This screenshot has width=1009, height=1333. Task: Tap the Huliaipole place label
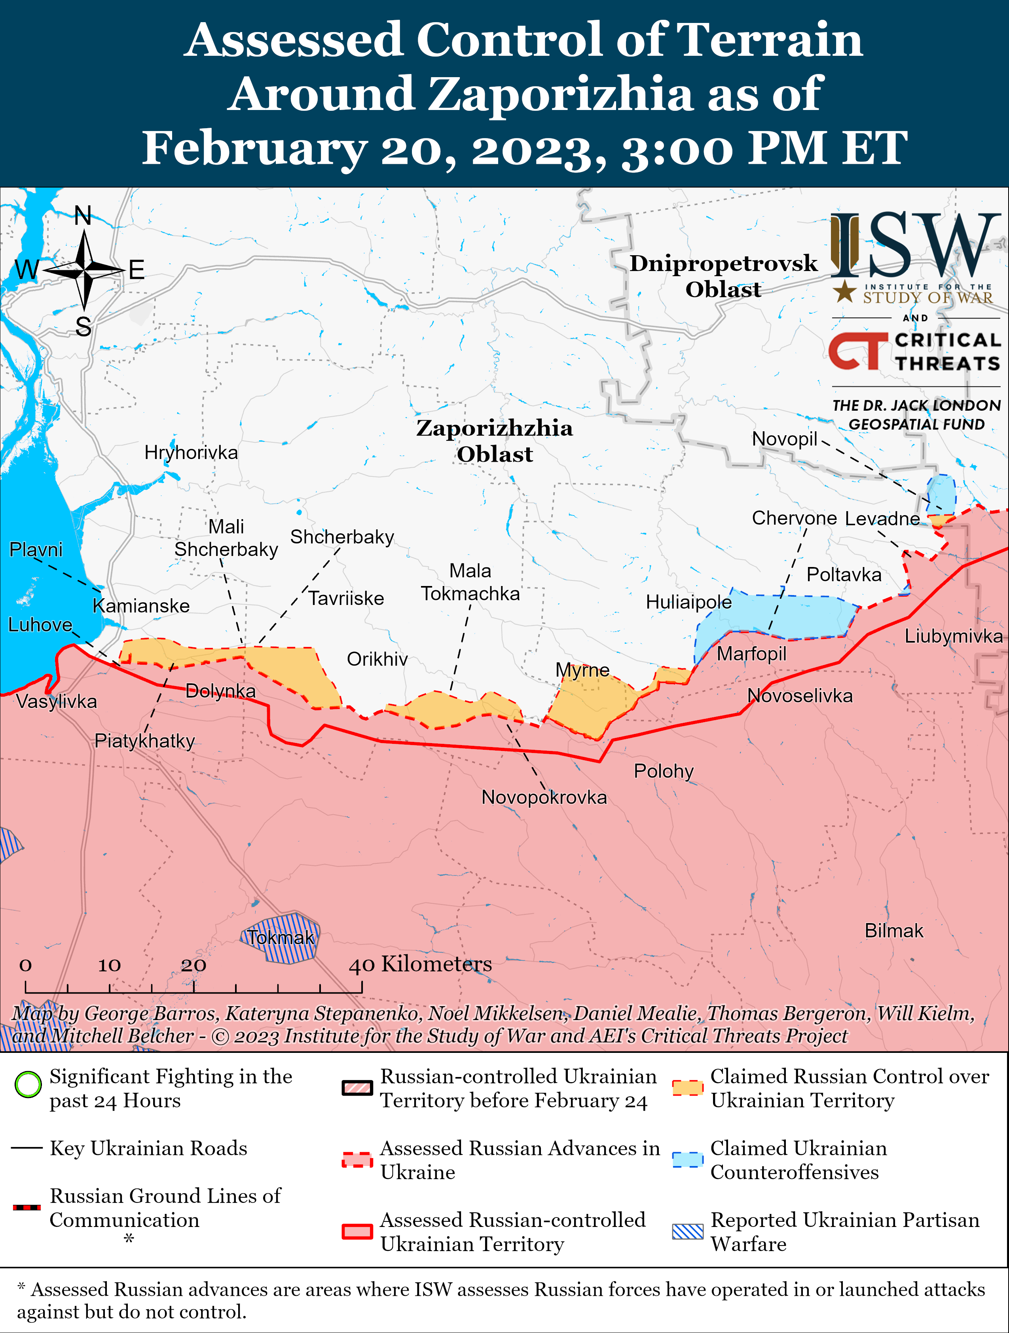click(x=688, y=602)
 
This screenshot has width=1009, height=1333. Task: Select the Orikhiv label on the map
click(x=377, y=659)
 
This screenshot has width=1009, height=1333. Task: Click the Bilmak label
click(x=894, y=931)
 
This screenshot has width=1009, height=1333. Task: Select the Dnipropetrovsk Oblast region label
click(x=723, y=276)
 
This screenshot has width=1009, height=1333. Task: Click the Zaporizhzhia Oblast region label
click(x=494, y=440)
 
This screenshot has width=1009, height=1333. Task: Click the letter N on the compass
click(x=83, y=216)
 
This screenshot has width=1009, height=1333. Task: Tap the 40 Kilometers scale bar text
click(x=421, y=964)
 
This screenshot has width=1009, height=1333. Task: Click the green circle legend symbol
click(x=28, y=1084)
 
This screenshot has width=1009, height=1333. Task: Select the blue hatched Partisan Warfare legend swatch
click(x=688, y=1232)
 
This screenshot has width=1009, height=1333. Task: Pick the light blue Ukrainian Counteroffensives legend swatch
click(x=688, y=1159)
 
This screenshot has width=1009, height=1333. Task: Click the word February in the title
click(x=254, y=148)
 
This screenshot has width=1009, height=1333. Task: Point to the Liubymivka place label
click(x=953, y=636)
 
